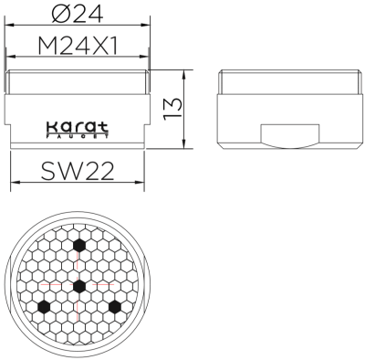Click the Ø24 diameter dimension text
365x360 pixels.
click(x=78, y=13)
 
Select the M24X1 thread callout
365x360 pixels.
click(x=78, y=45)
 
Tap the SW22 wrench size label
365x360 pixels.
click(x=78, y=171)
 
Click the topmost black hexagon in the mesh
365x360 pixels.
click(x=79, y=245)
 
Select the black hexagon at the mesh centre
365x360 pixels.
click(x=79, y=286)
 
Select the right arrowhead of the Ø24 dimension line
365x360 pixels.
click(x=148, y=26)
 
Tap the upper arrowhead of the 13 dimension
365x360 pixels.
click(x=188, y=72)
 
